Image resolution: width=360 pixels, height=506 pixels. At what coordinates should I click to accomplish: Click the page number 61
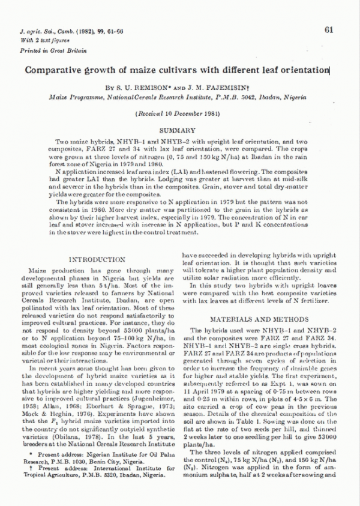point(328,29)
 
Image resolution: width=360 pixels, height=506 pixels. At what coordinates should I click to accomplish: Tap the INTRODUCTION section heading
point(97,259)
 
